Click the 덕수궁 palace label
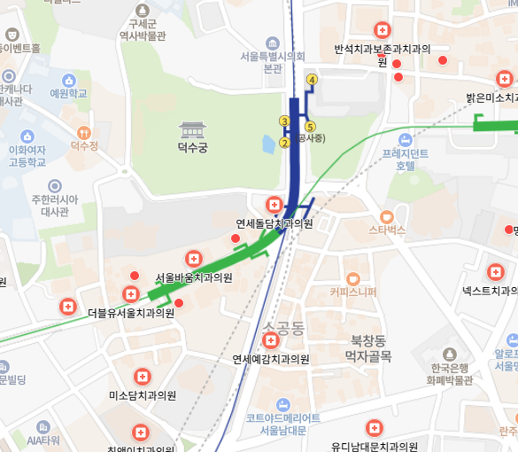(x=192, y=148)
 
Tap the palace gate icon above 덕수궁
(x=192, y=129)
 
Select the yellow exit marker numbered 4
(x=312, y=80)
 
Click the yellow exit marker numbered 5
(x=309, y=127)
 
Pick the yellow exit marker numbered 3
(x=284, y=121)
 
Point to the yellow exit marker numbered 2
(x=284, y=142)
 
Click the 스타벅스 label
(x=387, y=230)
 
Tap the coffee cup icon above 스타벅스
(x=386, y=215)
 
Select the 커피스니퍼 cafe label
(x=352, y=292)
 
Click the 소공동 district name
(x=283, y=328)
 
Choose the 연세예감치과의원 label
(x=271, y=359)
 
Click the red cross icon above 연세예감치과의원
(x=271, y=341)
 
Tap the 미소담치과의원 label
(x=143, y=395)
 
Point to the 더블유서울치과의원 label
(x=131, y=313)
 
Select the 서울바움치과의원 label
(x=194, y=277)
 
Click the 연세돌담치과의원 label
(x=274, y=223)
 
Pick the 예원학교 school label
(x=68, y=93)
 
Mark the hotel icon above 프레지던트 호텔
(x=405, y=139)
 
